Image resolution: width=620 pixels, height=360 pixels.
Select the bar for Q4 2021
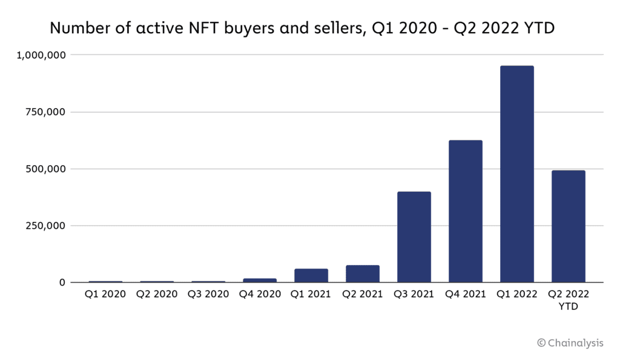(x=465, y=211)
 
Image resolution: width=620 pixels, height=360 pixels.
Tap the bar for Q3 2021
(x=414, y=237)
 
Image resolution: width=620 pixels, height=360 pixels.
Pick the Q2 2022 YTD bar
(x=568, y=226)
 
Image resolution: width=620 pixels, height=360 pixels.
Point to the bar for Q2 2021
(x=362, y=274)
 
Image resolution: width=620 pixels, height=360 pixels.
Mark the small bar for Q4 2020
(x=260, y=280)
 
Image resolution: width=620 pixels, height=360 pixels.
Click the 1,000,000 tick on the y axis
(x=42, y=55)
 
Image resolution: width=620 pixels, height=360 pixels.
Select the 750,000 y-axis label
(x=47, y=112)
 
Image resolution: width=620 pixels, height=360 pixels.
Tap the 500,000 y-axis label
(x=47, y=169)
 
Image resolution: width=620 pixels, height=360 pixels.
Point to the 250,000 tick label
(x=47, y=226)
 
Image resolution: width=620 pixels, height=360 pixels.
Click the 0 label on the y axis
(x=62, y=283)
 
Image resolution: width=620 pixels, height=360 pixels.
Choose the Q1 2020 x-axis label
(x=105, y=295)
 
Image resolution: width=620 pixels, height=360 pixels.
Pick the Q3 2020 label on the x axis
(x=208, y=295)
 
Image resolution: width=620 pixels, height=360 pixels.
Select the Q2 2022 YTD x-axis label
(x=568, y=300)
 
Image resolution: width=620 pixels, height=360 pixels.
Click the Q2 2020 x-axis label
(x=157, y=295)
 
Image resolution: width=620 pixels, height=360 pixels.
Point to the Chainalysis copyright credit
(x=570, y=343)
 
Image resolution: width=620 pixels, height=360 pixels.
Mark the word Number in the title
(x=75, y=28)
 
